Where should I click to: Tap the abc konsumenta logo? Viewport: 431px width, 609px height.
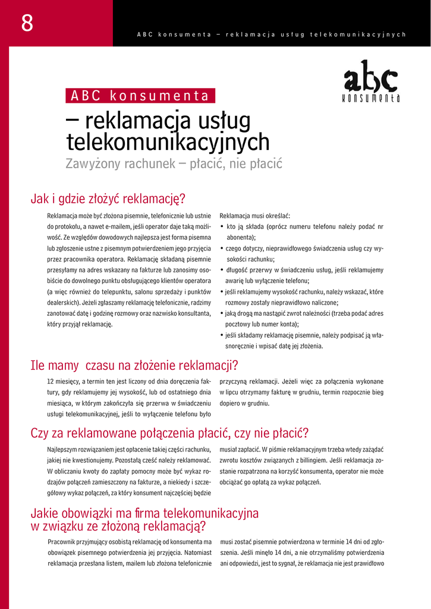point(371,81)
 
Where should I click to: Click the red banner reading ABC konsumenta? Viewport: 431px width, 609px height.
point(140,96)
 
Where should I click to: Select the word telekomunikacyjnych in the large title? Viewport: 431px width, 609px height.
point(167,142)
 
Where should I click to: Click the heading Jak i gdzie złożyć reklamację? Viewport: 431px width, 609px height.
point(108,198)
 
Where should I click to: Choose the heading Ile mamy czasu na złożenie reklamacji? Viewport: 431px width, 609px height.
point(134,365)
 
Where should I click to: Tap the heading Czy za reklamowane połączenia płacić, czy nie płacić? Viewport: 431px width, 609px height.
point(169,433)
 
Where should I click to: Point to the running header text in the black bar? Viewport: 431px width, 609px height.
point(271,34)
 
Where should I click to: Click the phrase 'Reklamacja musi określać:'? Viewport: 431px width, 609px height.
point(254,216)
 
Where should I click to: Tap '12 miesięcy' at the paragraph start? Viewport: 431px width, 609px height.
point(62,381)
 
